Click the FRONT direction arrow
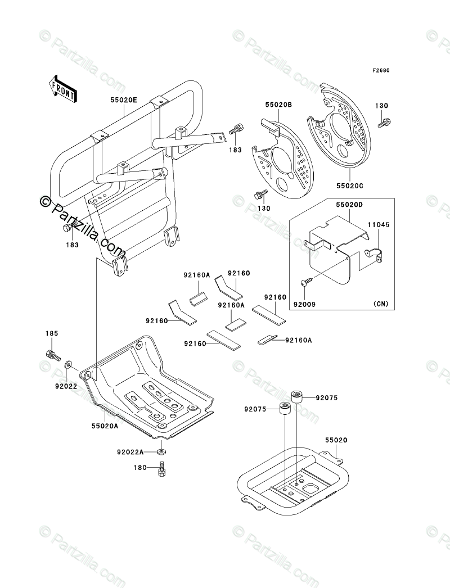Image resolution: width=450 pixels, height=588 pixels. coord(64,89)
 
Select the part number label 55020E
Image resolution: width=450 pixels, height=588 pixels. coord(123,100)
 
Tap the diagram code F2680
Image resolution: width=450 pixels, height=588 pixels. coord(381,71)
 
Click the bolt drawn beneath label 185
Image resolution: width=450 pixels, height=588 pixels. coord(52,355)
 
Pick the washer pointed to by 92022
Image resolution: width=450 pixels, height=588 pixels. coord(69,365)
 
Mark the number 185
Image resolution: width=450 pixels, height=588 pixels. coord(52,334)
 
